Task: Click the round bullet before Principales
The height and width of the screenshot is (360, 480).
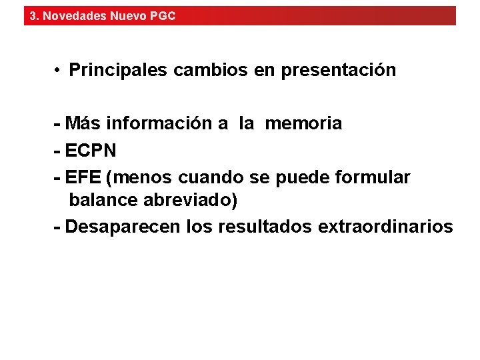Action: click(59, 70)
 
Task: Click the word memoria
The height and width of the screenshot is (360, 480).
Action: click(303, 123)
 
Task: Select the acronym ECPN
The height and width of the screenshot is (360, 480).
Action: click(91, 151)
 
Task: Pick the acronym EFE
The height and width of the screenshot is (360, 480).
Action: click(84, 178)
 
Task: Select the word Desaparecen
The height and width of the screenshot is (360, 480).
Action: click(123, 227)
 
